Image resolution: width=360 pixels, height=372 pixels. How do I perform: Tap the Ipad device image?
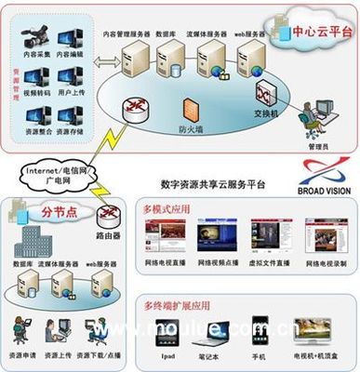(x=166, y=334)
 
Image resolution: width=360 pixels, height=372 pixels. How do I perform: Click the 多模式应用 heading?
(x=167, y=209)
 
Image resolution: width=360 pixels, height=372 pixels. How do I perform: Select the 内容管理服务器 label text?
(x=133, y=33)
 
